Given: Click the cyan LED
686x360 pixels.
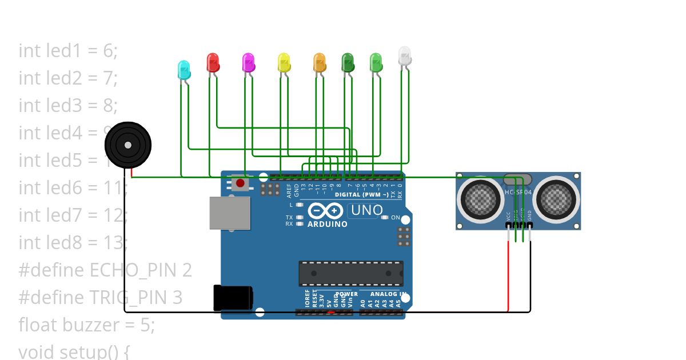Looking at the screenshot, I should (x=184, y=70).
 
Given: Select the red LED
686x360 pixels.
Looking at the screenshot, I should (x=213, y=62).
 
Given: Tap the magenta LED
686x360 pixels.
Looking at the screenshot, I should (x=248, y=62).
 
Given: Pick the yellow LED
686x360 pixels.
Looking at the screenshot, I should (x=284, y=62).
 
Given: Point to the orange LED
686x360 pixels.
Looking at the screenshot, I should (x=319, y=62).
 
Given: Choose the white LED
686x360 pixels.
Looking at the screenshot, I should (x=405, y=56).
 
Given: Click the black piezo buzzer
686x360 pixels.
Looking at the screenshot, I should (x=128, y=145).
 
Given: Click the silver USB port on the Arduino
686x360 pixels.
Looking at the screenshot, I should (x=230, y=213).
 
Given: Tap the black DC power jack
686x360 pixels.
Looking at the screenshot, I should (x=233, y=298).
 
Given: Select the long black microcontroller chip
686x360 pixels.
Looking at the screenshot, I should (x=350, y=273).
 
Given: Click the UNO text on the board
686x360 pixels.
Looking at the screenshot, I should (x=366, y=210).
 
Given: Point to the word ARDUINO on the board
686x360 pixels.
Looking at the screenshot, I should (x=328, y=224).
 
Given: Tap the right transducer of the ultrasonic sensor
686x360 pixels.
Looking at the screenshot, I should (x=555, y=198).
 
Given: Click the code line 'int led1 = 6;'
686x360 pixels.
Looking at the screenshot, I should (x=68, y=50).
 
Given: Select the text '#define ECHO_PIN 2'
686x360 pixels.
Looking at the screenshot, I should (x=105, y=270).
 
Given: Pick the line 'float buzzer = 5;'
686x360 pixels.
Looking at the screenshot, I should (x=87, y=325).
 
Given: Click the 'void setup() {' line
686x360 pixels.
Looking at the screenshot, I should (x=74, y=351).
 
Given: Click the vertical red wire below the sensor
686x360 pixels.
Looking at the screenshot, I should (x=508, y=274).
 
